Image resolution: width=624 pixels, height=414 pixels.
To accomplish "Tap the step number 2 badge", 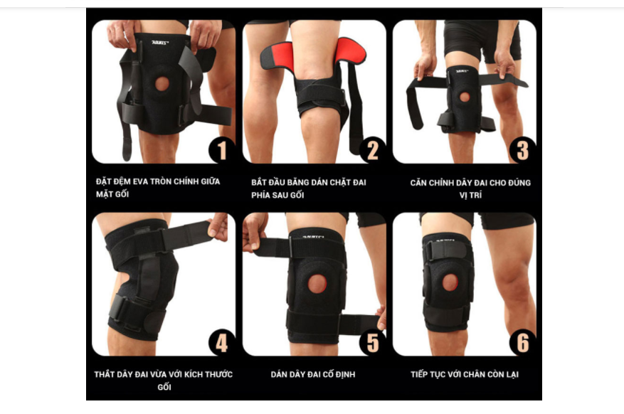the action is click(372, 150).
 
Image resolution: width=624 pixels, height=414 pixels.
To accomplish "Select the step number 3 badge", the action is click(522, 150).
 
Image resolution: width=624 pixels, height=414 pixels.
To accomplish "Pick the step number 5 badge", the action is click(372, 342).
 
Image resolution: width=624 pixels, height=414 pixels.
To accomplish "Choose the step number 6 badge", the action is click(522, 342).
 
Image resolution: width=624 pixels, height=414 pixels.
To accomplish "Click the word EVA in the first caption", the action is click(140, 181).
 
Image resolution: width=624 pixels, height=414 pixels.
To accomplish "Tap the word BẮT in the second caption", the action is click(258, 182).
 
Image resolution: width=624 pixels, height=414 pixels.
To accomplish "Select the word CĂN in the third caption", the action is click(418, 183).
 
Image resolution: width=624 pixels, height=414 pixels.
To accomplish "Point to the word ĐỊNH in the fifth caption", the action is click(345, 374).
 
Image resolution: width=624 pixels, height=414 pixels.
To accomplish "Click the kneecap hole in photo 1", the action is click(162, 83).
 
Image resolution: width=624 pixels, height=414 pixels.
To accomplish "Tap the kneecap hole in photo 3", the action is click(465, 97).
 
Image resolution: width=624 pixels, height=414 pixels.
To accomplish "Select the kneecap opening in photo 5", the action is click(317, 284).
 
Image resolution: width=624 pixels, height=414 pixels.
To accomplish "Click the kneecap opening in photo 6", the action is click(450, 282).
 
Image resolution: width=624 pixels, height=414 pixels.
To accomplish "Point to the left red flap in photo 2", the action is click(277, 56).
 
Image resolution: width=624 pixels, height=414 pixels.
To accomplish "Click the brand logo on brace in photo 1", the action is click(160, 42).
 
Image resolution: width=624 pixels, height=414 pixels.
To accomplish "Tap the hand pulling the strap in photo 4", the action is click(218, 226).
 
